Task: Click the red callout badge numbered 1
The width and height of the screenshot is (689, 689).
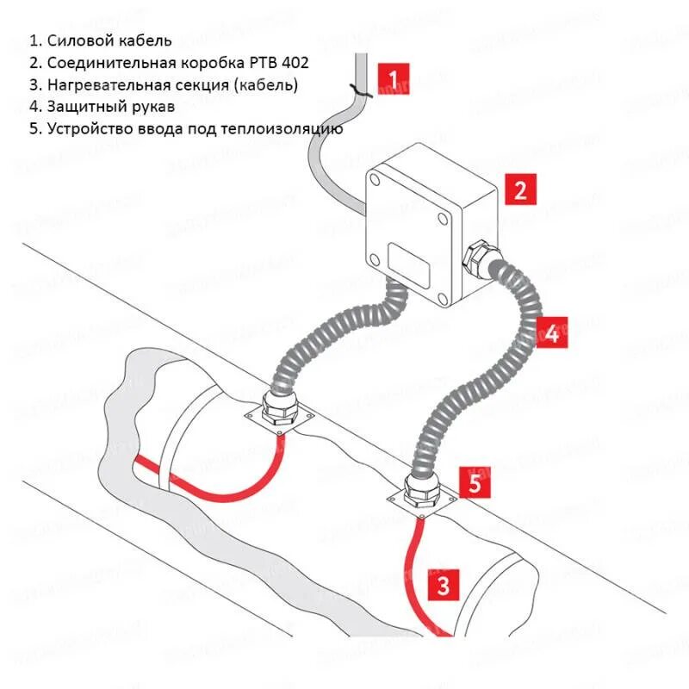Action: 394,80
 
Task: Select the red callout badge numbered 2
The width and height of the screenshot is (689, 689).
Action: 519,189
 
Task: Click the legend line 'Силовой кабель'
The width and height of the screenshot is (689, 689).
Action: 101,40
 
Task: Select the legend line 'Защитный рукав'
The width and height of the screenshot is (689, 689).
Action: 101,107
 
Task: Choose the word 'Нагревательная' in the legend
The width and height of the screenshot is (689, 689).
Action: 102,85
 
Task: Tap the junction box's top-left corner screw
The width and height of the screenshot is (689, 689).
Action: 376,179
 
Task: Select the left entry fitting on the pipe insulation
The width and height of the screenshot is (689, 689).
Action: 281,411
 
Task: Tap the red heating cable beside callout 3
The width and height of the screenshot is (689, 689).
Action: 412,568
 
